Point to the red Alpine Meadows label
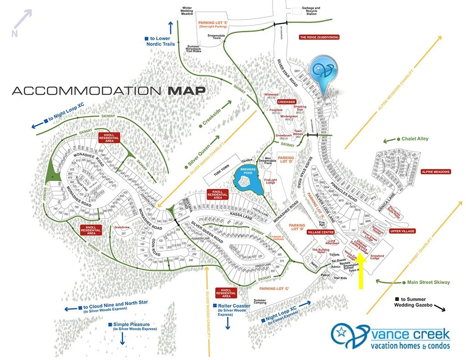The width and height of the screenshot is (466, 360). coord(436,172)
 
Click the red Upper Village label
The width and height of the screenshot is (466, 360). coord(402,231)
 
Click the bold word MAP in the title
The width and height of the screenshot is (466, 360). coord(187,90)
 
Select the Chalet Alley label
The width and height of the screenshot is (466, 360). coord(415,139)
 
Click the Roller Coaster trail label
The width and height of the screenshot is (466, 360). coord(233,306)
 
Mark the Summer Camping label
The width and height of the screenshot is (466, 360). coord(260,302)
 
